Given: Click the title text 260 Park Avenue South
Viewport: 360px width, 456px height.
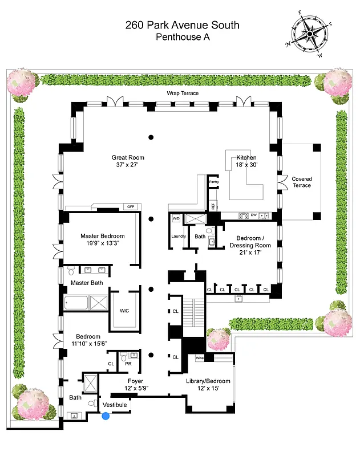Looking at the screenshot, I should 183,25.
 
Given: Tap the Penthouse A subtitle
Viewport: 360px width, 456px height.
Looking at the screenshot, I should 183,38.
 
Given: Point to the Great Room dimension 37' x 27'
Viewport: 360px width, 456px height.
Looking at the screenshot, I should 128,165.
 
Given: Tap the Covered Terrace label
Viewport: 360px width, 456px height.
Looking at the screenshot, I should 302,182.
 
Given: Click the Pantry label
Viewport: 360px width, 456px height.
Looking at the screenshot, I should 214,182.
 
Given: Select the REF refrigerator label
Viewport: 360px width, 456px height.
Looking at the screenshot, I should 213,206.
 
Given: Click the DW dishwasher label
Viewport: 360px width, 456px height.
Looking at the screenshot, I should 253,215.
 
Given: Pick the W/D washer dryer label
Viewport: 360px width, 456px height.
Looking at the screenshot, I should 176,218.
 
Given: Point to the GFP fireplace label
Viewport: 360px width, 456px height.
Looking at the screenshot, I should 131,206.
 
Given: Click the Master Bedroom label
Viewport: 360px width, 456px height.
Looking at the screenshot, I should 102,236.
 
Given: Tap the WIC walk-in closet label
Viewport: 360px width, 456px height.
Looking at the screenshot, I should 124,311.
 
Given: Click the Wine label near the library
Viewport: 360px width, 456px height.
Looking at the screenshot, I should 200,358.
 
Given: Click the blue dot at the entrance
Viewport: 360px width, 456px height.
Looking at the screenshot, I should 106,417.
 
